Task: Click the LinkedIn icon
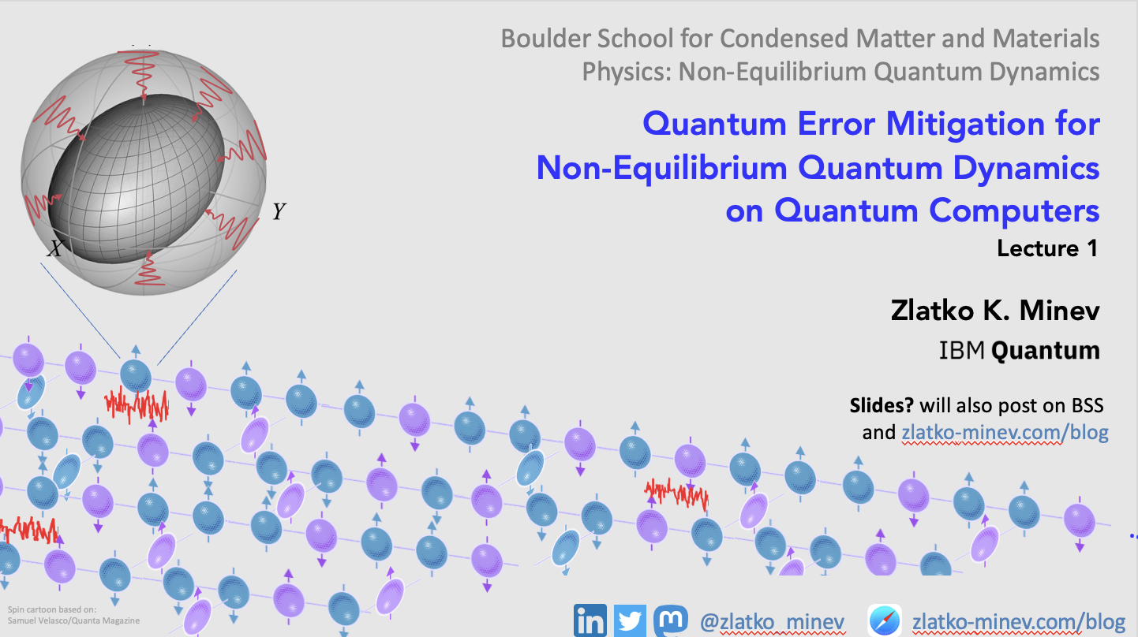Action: [x=590, y=620]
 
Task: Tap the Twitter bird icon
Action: [x=631, y=620]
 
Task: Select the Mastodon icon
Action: [x=670, y=620]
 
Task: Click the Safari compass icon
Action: [x=885, y=620]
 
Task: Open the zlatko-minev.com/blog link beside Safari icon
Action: [x=1019, y=621]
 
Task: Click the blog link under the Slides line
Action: [x=1005, y=432]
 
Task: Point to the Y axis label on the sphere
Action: [x=279, y=211]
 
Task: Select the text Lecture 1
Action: [x=1047, y=248]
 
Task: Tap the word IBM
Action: [x=961, y=350]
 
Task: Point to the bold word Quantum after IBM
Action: [x=1045, y=350]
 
